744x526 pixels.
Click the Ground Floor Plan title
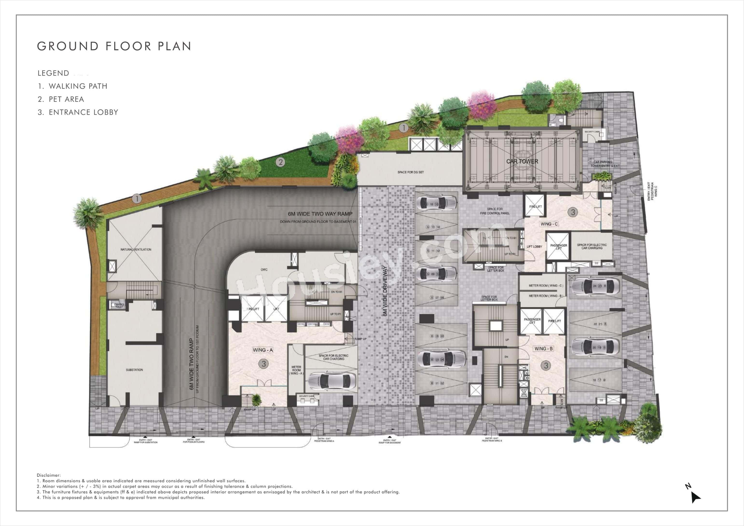click(x=114, y=46)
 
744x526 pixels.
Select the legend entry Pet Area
click(x=66, y=99)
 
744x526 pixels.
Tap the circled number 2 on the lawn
click(x=280, y=162)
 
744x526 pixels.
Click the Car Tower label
click(x=522, y=161)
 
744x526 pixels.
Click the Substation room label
click(x=134, y=370)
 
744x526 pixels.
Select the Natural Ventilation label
click(x=136, y=249)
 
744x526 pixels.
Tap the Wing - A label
click(x=263, y=350)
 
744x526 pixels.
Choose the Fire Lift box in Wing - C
click(x=535, y=207)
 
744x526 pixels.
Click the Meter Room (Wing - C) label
click(x=546, y=285)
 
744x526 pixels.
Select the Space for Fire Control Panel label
click(x=495, y=211)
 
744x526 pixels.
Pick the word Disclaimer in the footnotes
click(x=48, y=475)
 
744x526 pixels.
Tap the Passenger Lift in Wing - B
click(x=532, y=321)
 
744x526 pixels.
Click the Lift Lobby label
click(x=534, y=247)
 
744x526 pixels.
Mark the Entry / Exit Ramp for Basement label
click(x=390, y=441)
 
